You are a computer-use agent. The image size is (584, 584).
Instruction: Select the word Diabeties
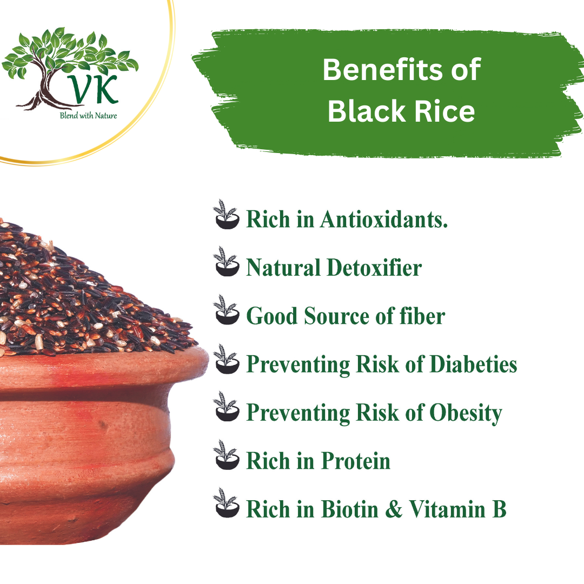(x=473, y=364)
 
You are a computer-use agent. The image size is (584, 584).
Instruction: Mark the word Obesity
(x=466, y=413)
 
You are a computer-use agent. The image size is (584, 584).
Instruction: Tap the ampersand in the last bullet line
(x=396, y=510)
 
